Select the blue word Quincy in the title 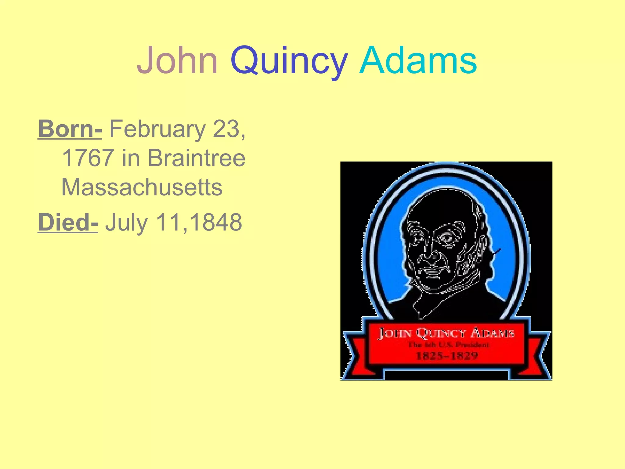point(289,61)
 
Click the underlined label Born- point(70,129)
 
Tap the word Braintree point(197,158)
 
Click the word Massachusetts point(142,187)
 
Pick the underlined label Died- point(68,222)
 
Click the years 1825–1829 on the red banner point(447,356)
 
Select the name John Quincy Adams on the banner point(446,333)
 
